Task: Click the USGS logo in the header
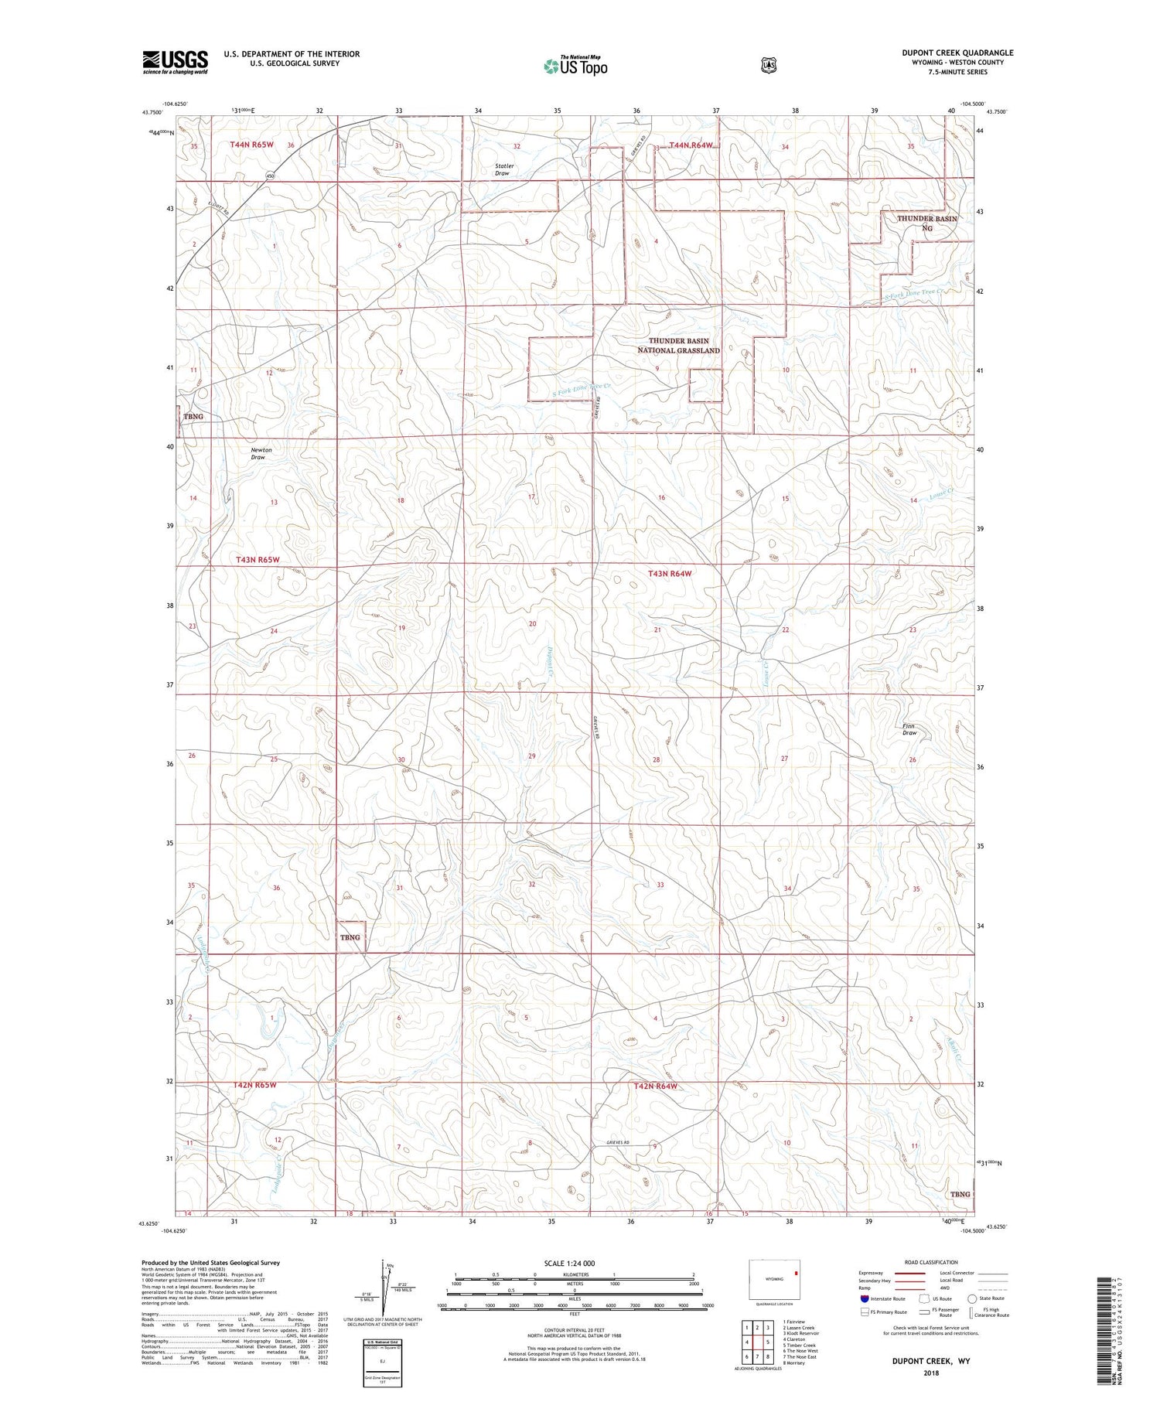pyautogui.click(x=176, y=62)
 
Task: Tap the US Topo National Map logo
pyautogui.click(x=575, y=65)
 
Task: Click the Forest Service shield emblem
pyautogui.click(x=768, y=65)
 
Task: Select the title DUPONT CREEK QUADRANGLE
pyautogui.click(x=957, y=53)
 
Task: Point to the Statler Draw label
pyautogui.click(x=503, y=169)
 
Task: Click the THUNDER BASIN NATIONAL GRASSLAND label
pyautogui.click(x=678, y=346)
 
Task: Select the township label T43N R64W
pyautogui.click(x=670, y=574)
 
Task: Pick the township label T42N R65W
pyautogui.click(x=254, y=1085)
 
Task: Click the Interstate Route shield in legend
pyautogui.click(x=865, y=1298)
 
